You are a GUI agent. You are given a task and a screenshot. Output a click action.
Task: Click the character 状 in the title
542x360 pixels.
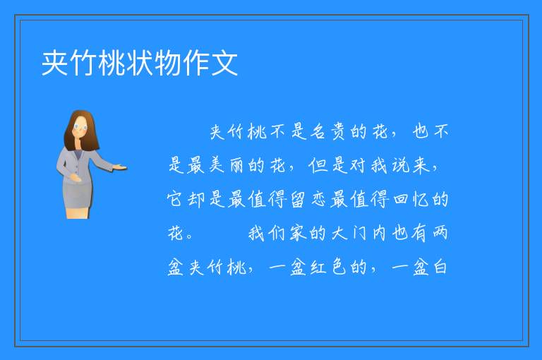click(140, 63)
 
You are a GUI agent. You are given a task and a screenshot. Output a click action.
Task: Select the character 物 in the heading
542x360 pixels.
click(169, 63)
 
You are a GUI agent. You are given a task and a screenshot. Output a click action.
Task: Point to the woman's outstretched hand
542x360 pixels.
click(119, 168)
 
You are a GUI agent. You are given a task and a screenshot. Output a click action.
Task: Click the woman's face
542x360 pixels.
click(81, 126)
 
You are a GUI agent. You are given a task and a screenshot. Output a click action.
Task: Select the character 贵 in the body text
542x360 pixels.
click(338, 131)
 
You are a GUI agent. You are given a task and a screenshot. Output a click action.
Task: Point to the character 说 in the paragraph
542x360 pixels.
click(400, 165)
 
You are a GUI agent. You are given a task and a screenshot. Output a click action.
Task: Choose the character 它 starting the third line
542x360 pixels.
click(176, 199)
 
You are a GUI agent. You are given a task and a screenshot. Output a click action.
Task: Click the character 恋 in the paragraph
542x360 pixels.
click(319, 199)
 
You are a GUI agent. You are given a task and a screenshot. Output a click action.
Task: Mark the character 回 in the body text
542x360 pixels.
click(400, 200)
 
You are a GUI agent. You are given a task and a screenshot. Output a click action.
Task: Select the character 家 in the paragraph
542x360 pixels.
click(298, 233)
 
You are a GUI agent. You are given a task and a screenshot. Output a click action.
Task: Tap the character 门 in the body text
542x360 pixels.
click(359, 233)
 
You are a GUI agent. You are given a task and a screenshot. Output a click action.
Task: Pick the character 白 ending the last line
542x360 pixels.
click(440, 267)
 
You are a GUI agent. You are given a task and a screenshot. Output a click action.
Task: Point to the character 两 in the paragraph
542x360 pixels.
click(440, 233)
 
